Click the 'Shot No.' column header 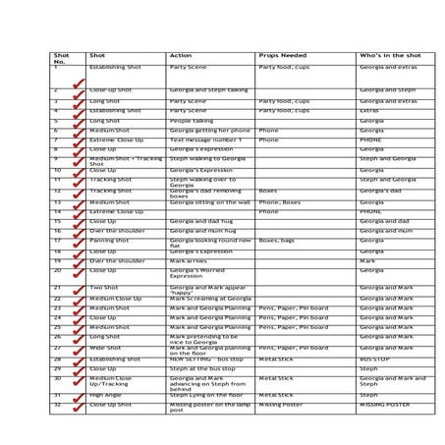tap(61, 59)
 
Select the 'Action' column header tap(181, 56)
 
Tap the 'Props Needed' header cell tap(276, 56)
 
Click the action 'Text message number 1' tap(204, 139)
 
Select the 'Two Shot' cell tap(103, 287)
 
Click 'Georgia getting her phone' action tap(207, 130)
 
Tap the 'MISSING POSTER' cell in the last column tap(384, 404)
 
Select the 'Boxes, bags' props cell tap(277, 240)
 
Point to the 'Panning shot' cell tap(109, 240)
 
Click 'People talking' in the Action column tap(191, 120)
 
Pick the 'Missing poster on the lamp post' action tap(207, 406)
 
